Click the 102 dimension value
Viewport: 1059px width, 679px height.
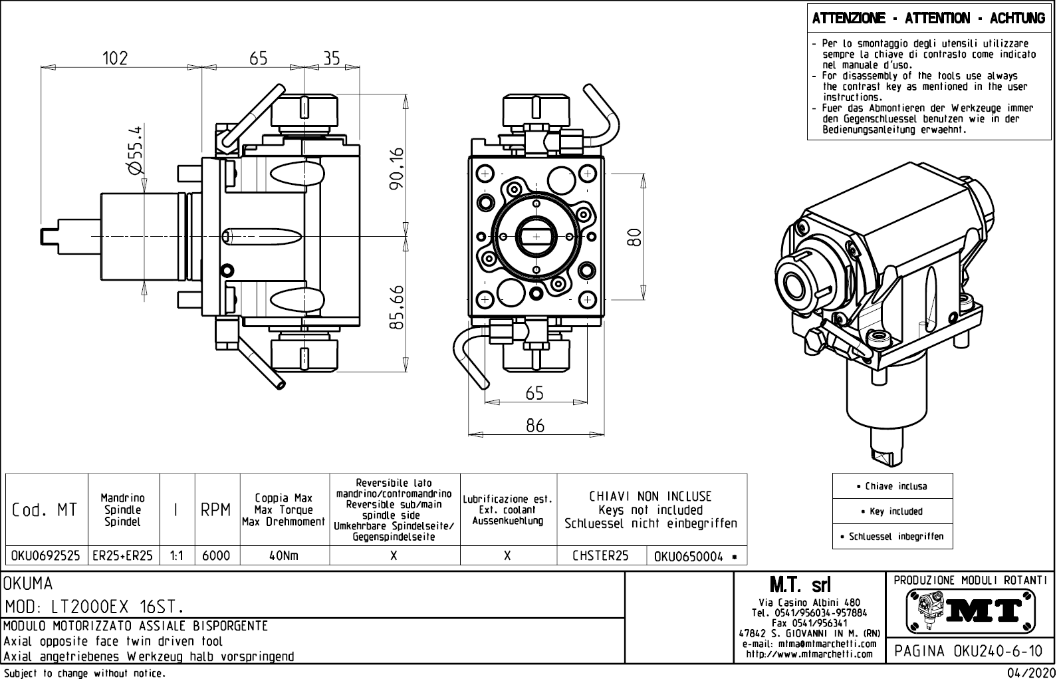115,58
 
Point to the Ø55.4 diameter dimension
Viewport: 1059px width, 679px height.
135,150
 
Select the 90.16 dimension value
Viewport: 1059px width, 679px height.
397,169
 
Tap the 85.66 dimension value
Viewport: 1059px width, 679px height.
397,307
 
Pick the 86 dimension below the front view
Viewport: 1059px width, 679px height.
535,425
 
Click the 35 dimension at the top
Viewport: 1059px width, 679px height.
331,58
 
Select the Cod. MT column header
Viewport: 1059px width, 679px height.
45,510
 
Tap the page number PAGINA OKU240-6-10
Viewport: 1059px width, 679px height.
969,651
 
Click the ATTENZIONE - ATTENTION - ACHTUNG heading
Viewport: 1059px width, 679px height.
929,18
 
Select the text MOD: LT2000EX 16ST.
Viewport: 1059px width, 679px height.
94,607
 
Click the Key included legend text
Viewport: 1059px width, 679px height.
892,511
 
